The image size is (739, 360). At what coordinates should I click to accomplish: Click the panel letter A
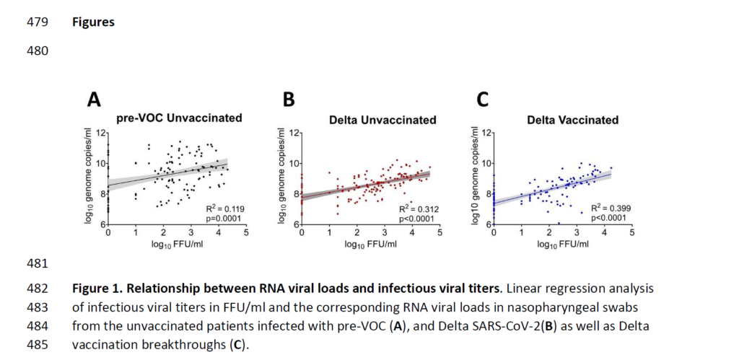point(94,100)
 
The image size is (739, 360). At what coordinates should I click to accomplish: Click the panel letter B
point(289,100)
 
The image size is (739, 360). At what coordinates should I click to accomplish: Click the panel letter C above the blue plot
point(483,100)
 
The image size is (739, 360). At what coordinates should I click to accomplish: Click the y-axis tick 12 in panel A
point(102,134)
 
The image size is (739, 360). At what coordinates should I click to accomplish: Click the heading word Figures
point(93,22)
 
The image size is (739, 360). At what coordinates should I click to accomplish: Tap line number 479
point(38,22)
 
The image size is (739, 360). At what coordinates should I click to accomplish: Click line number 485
point(38,344)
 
